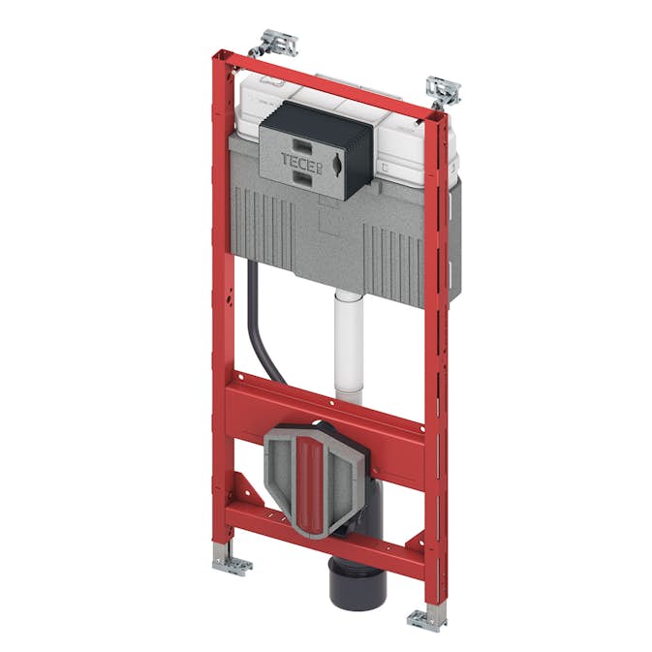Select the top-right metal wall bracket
pyautogui.click(x=444, y=90)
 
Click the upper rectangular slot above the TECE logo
pyautogui.click(x=300, y=140)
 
